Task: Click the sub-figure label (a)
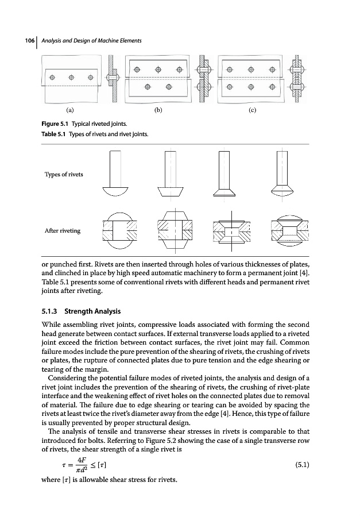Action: tap(69, 109)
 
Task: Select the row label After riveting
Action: tap(63, 230)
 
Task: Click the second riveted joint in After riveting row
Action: tap(170, 230)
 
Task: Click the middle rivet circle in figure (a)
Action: tap(71, 78)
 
